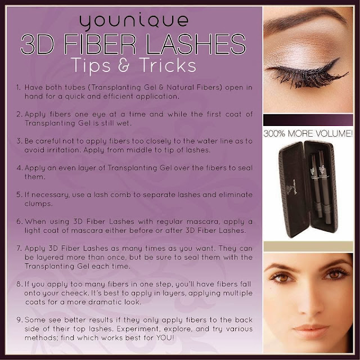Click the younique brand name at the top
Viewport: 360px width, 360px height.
134,21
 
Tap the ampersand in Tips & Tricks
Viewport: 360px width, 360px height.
124,65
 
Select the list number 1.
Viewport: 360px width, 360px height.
18,88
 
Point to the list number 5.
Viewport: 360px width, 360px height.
19,195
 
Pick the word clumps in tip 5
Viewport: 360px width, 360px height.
38,204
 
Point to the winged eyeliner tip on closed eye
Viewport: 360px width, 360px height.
339,58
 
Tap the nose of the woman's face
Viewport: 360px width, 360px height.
312,305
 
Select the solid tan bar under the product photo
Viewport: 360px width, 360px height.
308,246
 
